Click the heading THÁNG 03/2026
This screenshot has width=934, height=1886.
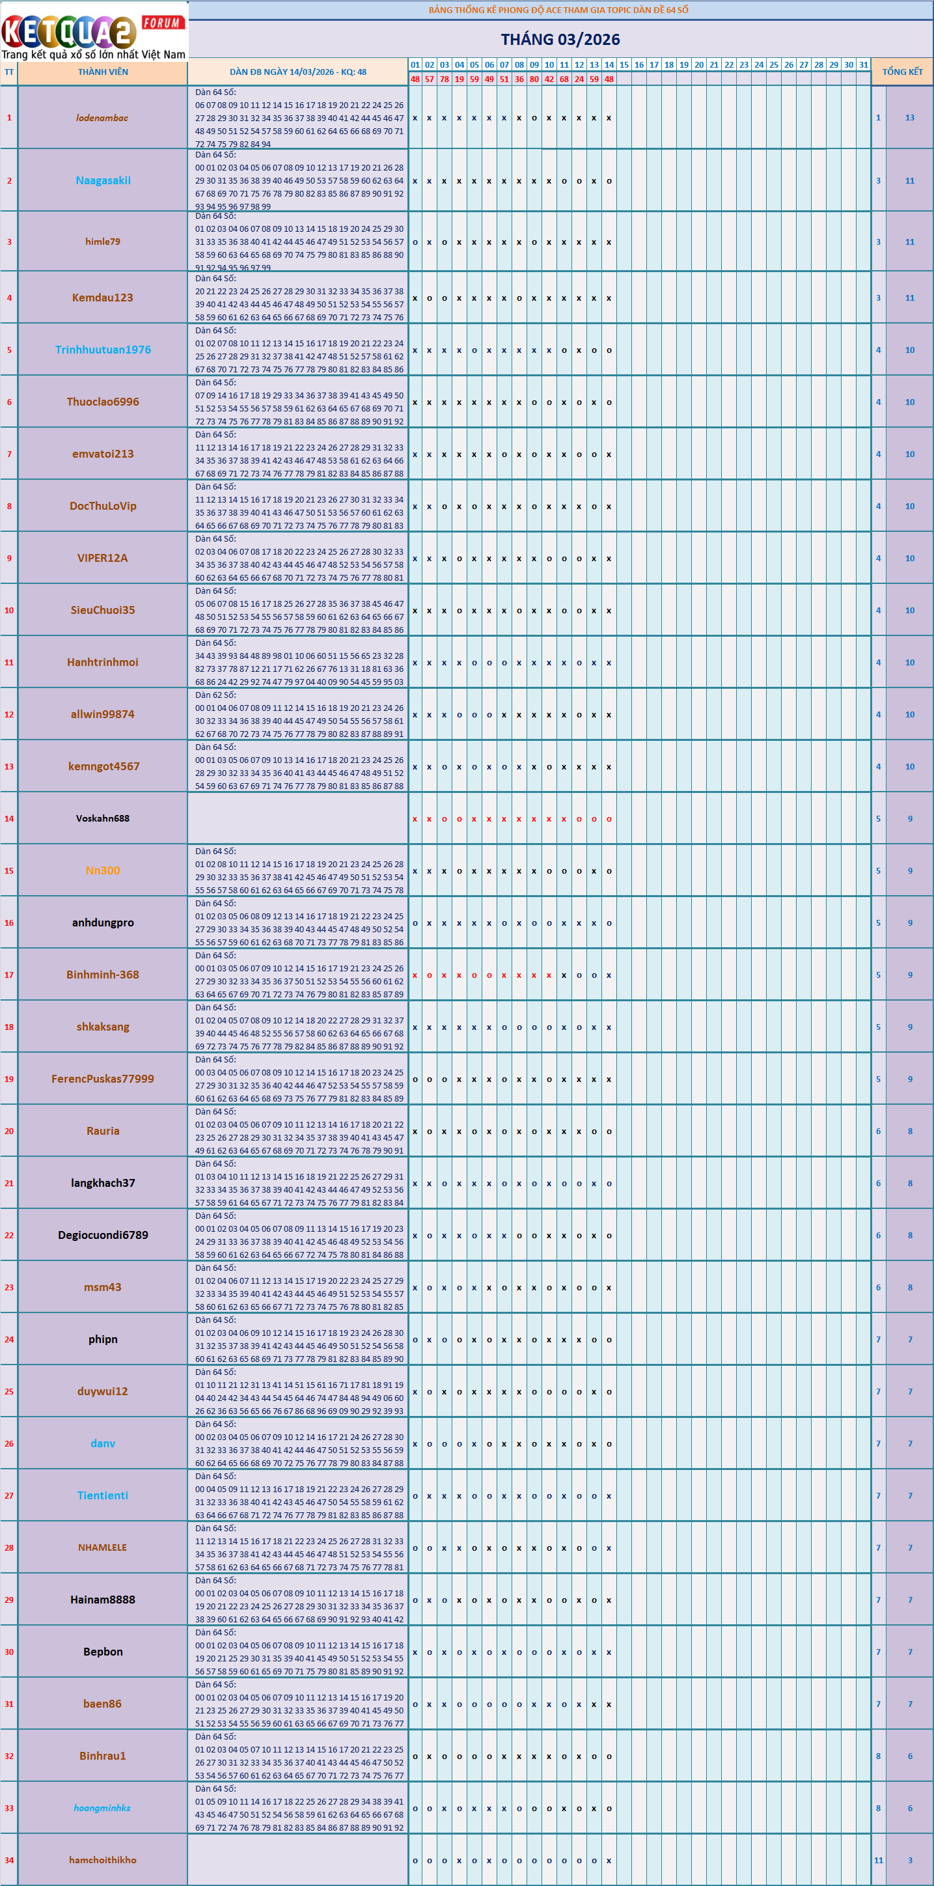[560, 40]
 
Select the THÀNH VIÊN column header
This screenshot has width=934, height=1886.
[103, 72]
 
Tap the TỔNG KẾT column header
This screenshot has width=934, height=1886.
[903, 72]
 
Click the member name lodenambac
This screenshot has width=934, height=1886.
[102, 118]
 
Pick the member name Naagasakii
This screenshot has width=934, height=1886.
[103, 181]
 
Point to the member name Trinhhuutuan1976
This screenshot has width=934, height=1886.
[103, 350]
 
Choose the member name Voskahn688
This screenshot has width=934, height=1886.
[102, 818]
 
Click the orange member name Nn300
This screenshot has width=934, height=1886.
[102, 870]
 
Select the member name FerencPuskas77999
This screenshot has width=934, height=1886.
[102, 1079]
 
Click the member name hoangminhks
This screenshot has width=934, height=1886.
[102, 1808]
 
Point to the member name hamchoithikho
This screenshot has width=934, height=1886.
[102, 1860]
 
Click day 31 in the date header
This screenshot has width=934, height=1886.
[864, 64]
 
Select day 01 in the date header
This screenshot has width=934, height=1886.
[415, 64]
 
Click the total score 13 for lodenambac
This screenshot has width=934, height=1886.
[910, 118]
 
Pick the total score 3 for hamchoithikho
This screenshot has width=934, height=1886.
[910, 1860]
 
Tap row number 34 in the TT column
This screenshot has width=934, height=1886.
[8, 1860]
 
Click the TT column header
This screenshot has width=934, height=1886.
[8, 72]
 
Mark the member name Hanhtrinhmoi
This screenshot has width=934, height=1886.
[102, 663]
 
